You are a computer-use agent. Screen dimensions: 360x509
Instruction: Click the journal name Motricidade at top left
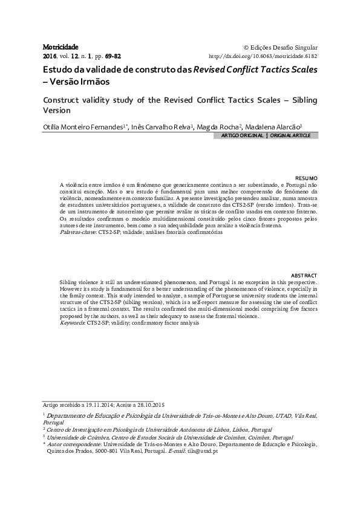61,47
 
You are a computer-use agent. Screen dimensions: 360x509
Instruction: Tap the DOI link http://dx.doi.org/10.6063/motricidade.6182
263,56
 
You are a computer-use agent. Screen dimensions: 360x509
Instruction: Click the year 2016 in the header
50,56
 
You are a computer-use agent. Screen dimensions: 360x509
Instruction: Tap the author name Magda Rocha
223,128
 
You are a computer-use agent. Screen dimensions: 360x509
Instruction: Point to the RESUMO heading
306,177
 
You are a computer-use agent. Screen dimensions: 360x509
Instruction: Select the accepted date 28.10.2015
147,404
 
